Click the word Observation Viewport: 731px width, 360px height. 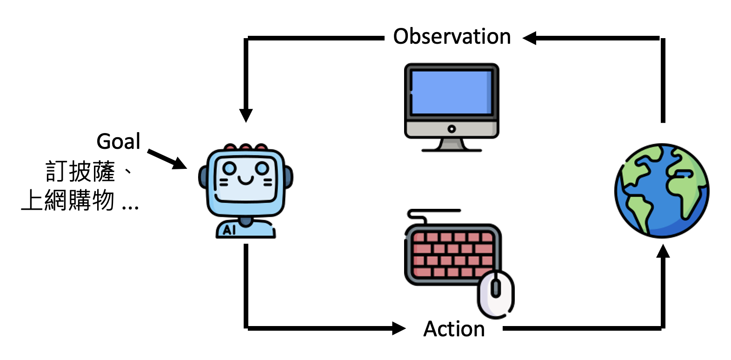[x=452, y=36]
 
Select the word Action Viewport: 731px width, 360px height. [x=454, y=329]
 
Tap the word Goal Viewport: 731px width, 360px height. [x=118, y=141]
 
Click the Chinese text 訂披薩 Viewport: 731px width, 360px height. [x=80, y=172]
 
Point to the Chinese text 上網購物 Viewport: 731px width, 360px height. [x=68, y=201]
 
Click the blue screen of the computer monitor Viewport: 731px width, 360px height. [x=451, y=92]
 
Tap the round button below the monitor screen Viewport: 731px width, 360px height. [x=451, y=129]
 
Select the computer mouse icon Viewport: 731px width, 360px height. [x=496, y=294]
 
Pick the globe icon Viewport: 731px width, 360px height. [x=662, y=191]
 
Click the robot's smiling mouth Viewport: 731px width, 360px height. [x=246, y=179]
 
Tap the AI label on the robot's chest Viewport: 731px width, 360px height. [x=229, y=230]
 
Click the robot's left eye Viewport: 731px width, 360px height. [x=229, y=168]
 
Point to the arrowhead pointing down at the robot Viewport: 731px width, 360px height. [x=246, y=115]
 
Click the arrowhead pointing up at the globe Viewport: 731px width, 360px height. [x=663, y=251]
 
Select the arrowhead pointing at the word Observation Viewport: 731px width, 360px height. [x=530, y=38]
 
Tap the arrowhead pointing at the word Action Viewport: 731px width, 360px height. [x=399, y=328]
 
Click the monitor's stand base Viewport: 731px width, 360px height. [x=452, y=149]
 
